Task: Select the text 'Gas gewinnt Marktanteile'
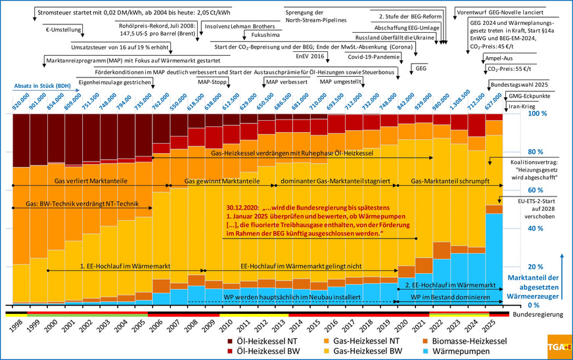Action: tap(214, 180)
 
